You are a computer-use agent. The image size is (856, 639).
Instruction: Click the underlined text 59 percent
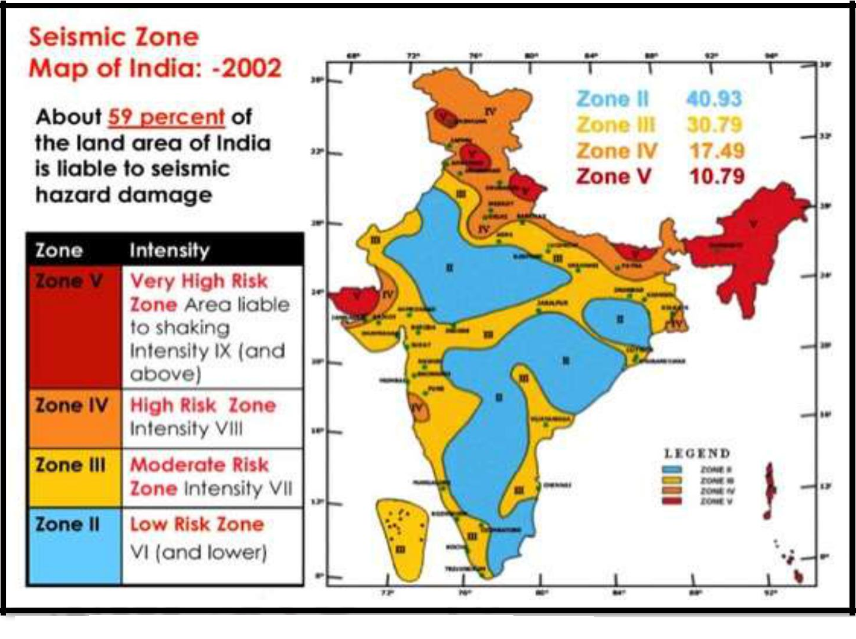(x=166, y=117)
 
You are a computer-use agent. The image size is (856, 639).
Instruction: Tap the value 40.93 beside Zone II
(x=714, y=99)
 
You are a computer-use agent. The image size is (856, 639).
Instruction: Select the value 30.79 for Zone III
(x=715, y=124)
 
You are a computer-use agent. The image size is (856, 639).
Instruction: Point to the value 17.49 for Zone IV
(x=716, y=150)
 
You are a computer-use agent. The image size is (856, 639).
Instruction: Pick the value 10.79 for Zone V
(x=716, y=176)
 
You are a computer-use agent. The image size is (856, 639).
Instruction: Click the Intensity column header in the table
(x=169, y=251)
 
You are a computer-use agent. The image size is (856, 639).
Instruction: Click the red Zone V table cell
(x=75, y=326)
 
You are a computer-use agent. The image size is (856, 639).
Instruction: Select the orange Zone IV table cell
(x=75, y=418)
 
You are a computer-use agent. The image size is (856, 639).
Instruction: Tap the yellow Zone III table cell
(x=75, y=478)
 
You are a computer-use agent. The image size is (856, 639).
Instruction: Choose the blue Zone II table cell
(x=75, y=546)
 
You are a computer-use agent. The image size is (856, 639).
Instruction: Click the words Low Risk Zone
(x=197, y=524)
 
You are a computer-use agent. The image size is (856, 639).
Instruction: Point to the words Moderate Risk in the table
(x=199, y=465)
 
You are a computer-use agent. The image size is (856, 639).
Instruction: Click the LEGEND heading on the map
(x=697, y=453)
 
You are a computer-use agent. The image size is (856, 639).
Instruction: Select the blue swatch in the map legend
(x=672, y=469)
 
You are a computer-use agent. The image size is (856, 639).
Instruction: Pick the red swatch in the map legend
(x=672, y=501)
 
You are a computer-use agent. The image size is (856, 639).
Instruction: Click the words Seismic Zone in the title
(x=114, y=37)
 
